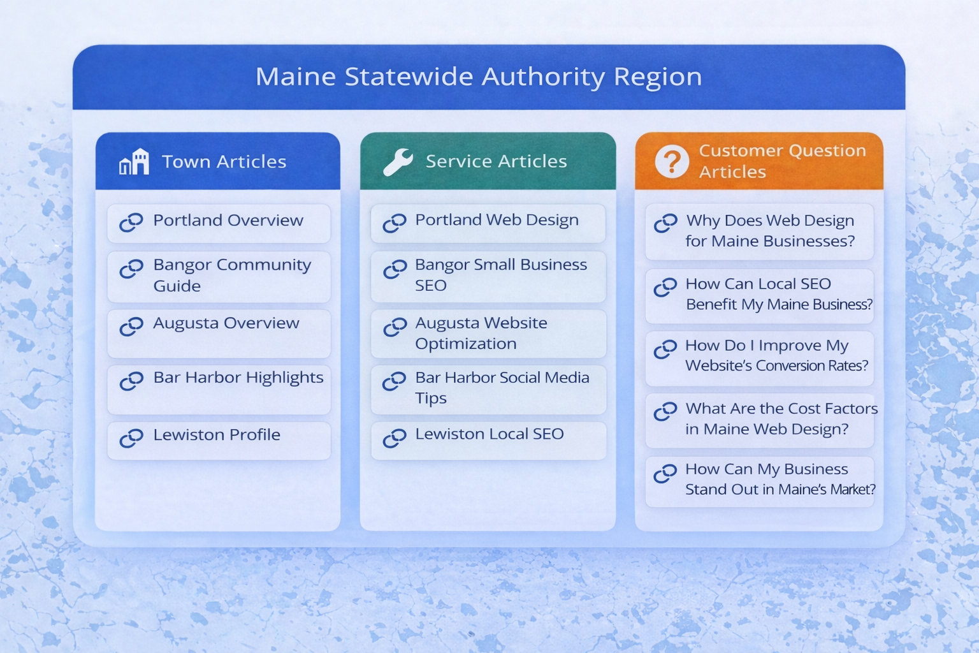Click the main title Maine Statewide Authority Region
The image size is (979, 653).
479,77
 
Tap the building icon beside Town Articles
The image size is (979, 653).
134,162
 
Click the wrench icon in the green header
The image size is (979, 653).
398,162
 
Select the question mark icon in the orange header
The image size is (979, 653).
672,161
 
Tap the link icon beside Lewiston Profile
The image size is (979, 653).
131,438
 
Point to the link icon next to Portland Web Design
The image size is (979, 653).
395,223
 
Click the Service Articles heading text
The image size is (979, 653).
496,161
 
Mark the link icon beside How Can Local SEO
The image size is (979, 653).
665,287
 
